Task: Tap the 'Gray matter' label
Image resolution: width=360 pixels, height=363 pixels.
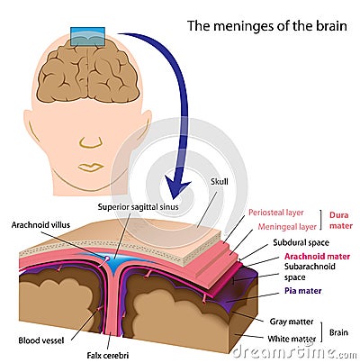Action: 289,320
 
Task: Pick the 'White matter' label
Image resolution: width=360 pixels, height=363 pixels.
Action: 289,338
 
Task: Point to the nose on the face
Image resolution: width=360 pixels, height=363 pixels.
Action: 89,141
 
